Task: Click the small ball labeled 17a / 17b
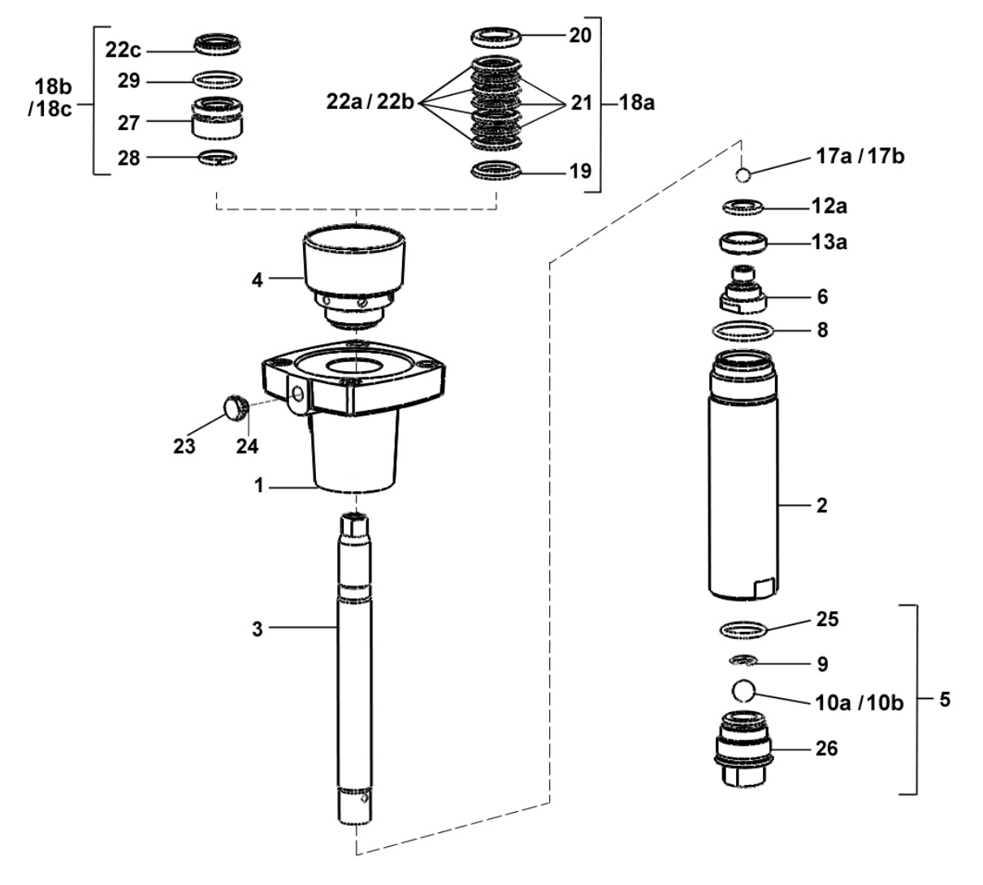743,175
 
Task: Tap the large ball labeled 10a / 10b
744,691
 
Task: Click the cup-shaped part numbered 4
354,268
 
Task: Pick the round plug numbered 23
235,406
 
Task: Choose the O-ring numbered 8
743,331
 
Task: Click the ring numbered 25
743,628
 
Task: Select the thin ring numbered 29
218,80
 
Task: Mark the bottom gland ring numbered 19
496,171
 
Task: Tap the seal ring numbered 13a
744,242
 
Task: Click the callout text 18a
638,104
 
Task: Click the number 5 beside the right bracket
945,698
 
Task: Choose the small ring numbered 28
218,157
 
